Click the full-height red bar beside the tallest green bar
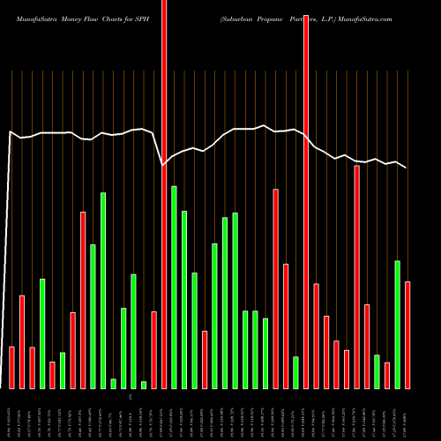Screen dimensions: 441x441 [x=164, y=194]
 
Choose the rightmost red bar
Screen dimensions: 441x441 [x=407, y=334]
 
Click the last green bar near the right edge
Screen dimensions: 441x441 [x=397, y=324]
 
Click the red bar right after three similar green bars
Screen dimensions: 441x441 [x=275, y=288]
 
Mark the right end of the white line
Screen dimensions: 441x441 [x=407, y=168]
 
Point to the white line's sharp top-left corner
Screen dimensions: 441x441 [x=10, y=132]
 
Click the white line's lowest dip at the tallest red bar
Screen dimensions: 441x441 [x=163, y=165]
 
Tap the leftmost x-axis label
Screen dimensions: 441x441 [x=11, y=415]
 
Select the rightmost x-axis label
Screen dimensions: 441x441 [x=407, y=415]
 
